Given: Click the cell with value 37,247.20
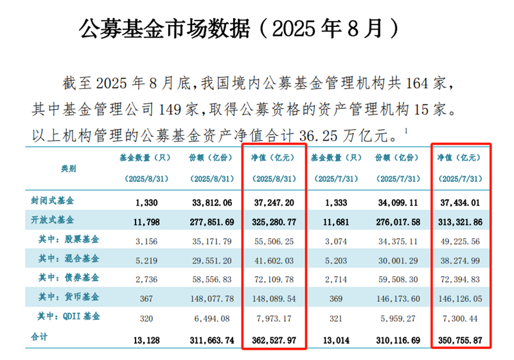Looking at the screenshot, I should [275, 202].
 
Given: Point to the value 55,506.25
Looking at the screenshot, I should [275, 240].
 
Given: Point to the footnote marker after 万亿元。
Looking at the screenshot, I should [407, 130].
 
